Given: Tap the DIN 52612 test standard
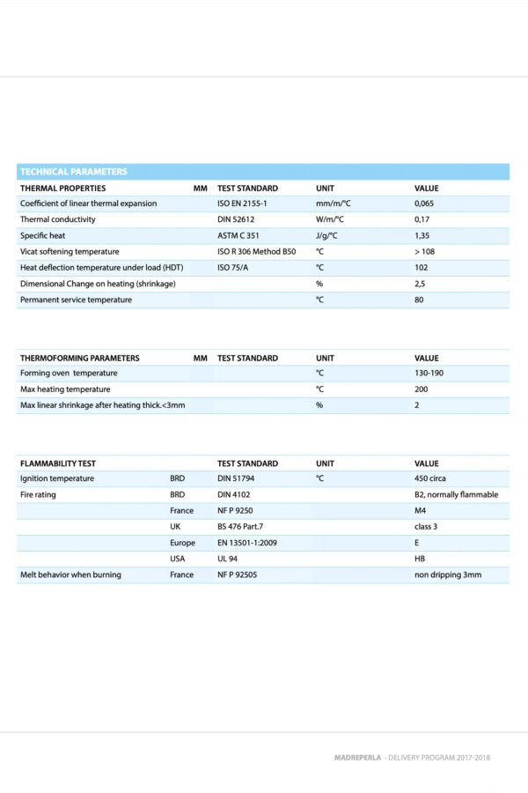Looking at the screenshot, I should click(236, 219).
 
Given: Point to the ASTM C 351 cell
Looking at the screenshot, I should click(239, 235).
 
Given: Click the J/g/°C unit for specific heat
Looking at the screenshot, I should click(330, 235).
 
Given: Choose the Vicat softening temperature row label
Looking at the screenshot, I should click(70, 251).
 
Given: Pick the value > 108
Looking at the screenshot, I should click(426, 251).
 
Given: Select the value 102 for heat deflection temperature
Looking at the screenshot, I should click(421, 267).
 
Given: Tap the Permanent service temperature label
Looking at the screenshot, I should click(76, 300).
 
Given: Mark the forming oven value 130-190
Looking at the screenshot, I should click(429, 373).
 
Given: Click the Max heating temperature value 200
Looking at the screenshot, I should click(421, 389).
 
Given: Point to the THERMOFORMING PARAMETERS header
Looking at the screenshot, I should click(79, 358).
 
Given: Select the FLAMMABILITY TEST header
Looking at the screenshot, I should click(58, 463).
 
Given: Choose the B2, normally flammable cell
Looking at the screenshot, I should click(456, 494).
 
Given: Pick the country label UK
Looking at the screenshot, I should click(176, 526).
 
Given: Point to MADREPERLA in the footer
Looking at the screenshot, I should click(357, 757).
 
